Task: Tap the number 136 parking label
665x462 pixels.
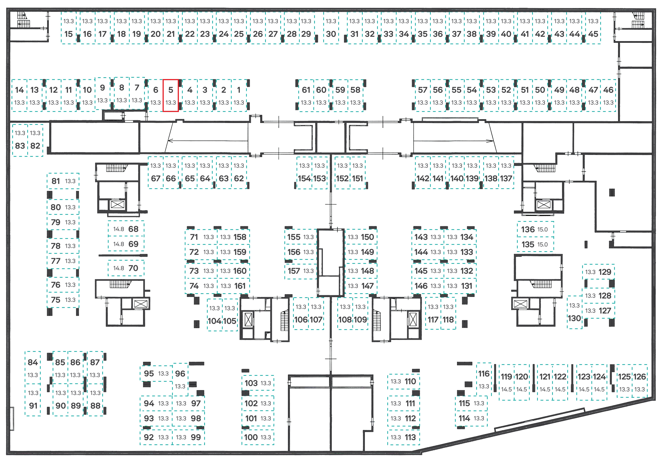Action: pyautogui.click(x=528, y=229)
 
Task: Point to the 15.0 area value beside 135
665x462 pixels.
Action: pyautogui.click(x=542, y=244)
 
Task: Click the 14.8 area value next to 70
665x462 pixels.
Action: pyautogui.click(x=119, y=268)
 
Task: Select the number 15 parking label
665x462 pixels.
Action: pyautogui.click(x=69, y=34)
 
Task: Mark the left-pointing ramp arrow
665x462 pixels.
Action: pyautogui.click(x=208, y=141)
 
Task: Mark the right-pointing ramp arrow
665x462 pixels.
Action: pyautogui.click(x=453, y=141)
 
